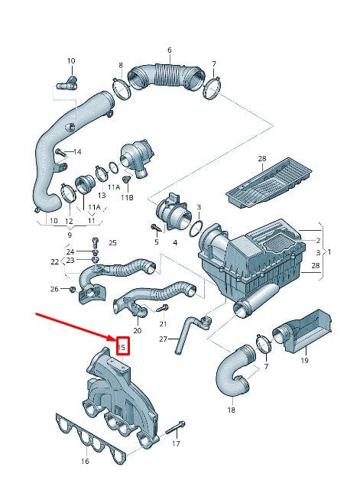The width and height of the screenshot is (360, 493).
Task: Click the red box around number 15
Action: (121, 347)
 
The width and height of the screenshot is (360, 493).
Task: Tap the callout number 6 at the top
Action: (169, 50)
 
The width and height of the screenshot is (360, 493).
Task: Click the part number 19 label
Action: (303, 360)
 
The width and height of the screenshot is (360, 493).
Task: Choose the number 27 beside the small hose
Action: (162, 339)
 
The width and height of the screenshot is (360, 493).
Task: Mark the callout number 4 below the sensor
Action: (174, 243)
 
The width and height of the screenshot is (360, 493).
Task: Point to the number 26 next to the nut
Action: (54, 289)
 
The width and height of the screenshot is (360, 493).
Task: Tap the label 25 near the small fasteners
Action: (112, 243)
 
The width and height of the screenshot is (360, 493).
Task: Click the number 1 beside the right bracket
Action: (329, 251)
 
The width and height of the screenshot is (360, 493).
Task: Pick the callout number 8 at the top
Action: (120, 66)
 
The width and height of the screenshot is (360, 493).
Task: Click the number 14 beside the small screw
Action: (76, 153)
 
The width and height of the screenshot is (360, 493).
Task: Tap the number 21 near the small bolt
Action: (162, 324)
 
